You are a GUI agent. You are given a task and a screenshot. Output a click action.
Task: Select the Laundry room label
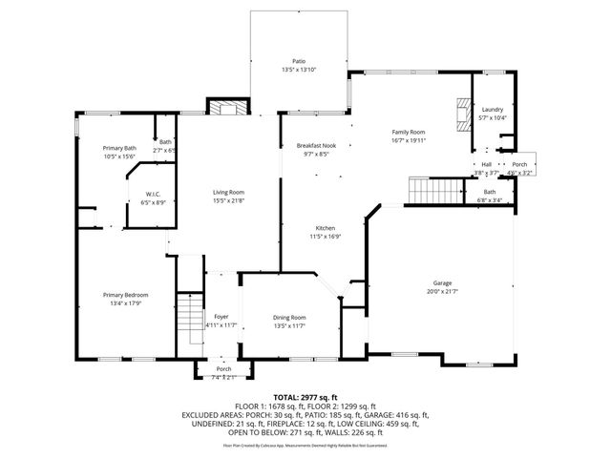tap(493, 110)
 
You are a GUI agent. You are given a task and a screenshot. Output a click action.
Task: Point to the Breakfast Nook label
tap(315, 145)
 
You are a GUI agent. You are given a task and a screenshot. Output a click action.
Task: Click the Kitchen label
tap(326, 227)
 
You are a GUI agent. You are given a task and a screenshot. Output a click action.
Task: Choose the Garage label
tap(442, 283)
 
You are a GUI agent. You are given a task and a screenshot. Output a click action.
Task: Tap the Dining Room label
tap(290, 317)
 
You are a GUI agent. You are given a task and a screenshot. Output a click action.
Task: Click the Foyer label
tap(221, 317)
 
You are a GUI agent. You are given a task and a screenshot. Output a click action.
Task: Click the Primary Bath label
tap(120, 148)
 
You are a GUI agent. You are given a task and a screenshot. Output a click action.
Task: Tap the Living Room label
tap(229, 193)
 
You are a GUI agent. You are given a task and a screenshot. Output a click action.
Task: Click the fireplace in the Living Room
tap(226, 108)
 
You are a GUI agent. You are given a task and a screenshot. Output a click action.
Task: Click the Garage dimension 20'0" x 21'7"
tap(442, 291)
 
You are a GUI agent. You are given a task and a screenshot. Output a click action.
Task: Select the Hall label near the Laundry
tap(487, 164)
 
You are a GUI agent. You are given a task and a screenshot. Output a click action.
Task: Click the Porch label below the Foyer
tap(223, 369)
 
